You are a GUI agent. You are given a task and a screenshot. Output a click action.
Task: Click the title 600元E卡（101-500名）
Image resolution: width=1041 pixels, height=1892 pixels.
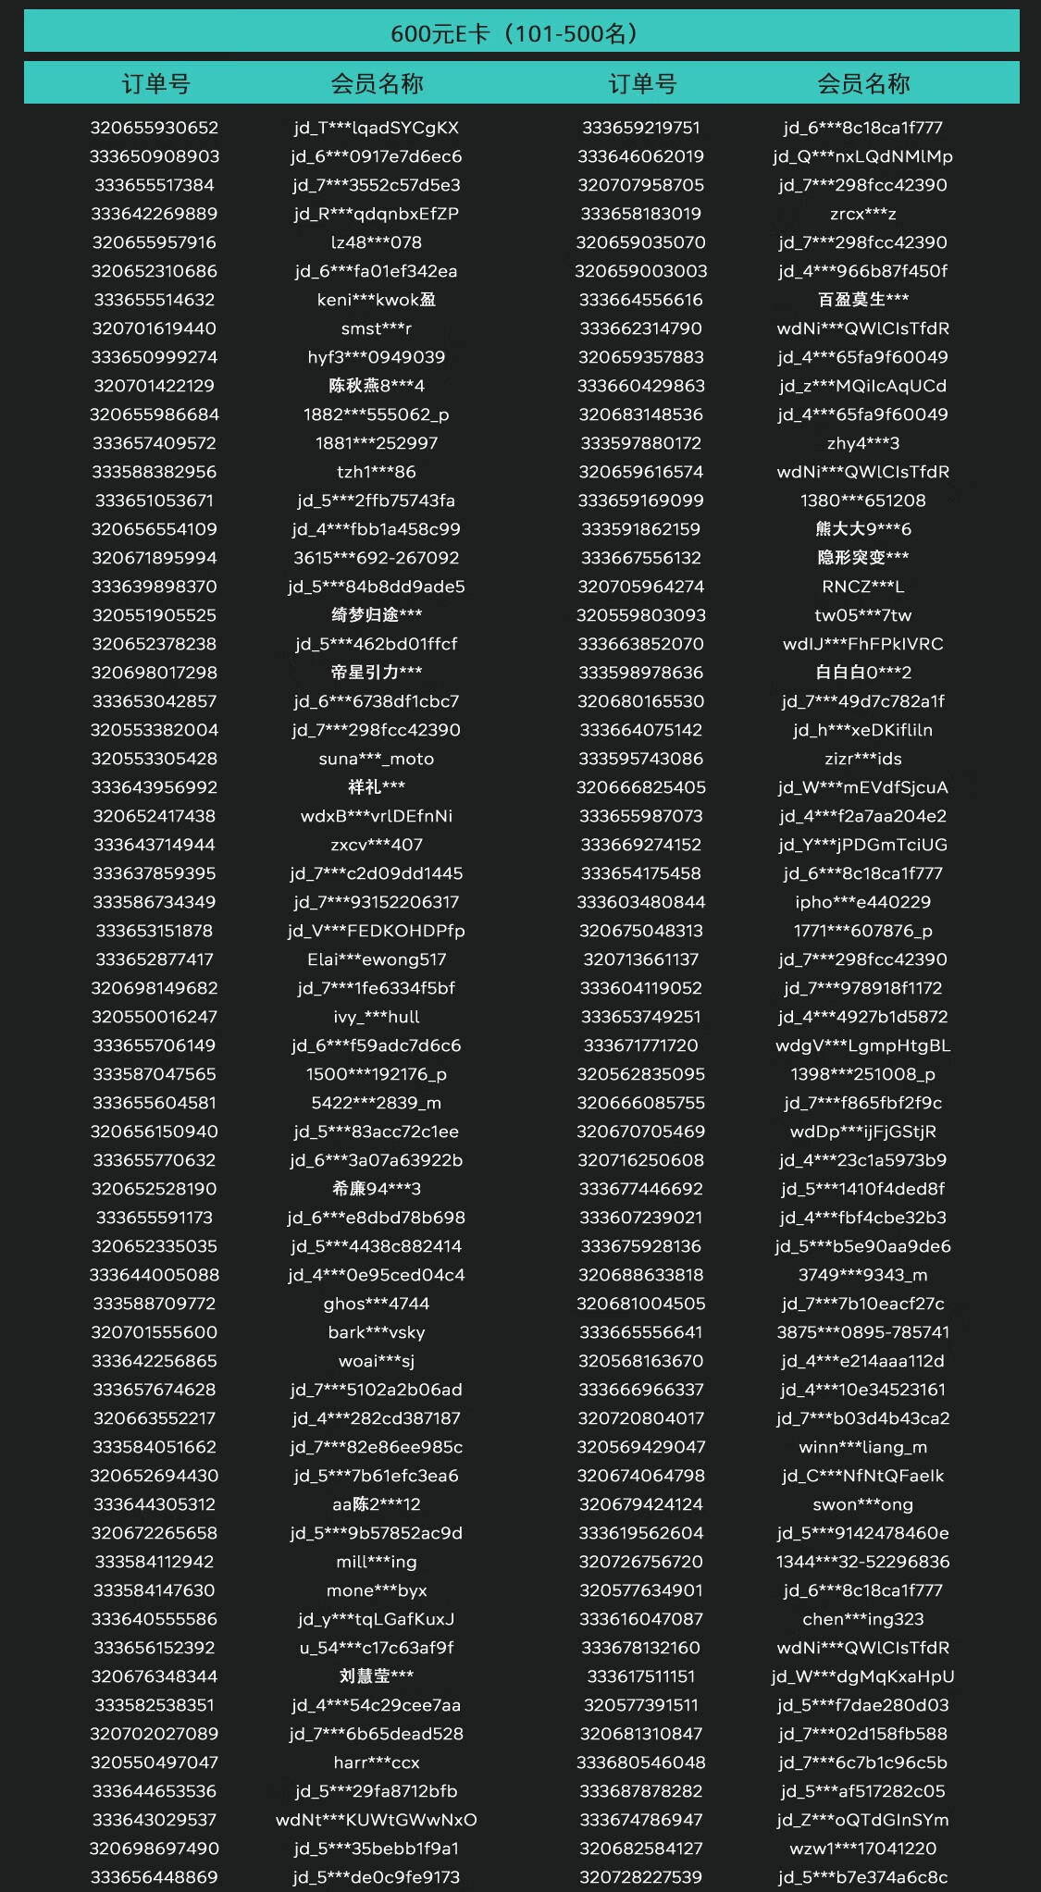pos(521,34)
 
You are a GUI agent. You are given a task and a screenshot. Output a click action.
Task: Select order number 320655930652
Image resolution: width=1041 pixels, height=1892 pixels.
pos(155,128)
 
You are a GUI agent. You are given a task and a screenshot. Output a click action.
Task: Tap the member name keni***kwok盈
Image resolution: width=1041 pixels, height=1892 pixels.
pos(377,300)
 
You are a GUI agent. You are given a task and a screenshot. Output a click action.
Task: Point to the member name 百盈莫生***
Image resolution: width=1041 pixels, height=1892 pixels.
pos(862,300)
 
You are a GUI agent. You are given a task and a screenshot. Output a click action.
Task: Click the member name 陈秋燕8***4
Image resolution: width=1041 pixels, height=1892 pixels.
pos(377,386)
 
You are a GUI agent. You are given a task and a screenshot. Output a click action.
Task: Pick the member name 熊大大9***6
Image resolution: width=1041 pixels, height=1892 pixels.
pos(862,529)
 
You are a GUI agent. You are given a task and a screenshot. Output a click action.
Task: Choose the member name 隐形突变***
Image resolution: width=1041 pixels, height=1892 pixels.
pos(862,558)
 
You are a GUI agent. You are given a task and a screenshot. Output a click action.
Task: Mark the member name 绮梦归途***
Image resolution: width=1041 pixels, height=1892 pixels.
pos(377,615)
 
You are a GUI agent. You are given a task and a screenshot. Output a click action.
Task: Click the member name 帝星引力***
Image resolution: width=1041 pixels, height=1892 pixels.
pos(377,673)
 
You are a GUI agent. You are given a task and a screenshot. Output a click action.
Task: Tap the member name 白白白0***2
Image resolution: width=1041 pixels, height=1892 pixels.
pos(862,673)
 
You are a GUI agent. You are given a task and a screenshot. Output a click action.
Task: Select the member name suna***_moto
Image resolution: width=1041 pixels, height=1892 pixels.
pos(377,759)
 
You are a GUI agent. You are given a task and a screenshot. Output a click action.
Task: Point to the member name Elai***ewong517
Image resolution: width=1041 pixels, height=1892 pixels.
pos(377,959)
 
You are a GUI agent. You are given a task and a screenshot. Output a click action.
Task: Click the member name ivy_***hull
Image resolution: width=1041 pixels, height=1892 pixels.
pos(377,1017)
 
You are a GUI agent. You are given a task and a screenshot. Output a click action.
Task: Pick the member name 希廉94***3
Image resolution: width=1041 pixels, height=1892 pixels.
pos(377,1189)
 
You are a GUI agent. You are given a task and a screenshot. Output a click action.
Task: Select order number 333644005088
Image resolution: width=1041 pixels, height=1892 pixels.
pos(155,1275)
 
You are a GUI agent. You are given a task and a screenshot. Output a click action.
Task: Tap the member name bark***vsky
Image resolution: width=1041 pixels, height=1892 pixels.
pos(377,1332)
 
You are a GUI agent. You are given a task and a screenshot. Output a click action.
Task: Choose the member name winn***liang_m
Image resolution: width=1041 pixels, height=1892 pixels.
pos(862,1447)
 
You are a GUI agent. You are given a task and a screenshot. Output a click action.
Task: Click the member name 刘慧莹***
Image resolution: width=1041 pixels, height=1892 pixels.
pos(377,1676)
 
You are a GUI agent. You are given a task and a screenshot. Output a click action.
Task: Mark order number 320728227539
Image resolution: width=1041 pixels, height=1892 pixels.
pos(640,1877)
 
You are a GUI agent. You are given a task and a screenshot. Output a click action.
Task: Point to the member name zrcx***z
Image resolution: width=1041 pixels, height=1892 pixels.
pos(862,214)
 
